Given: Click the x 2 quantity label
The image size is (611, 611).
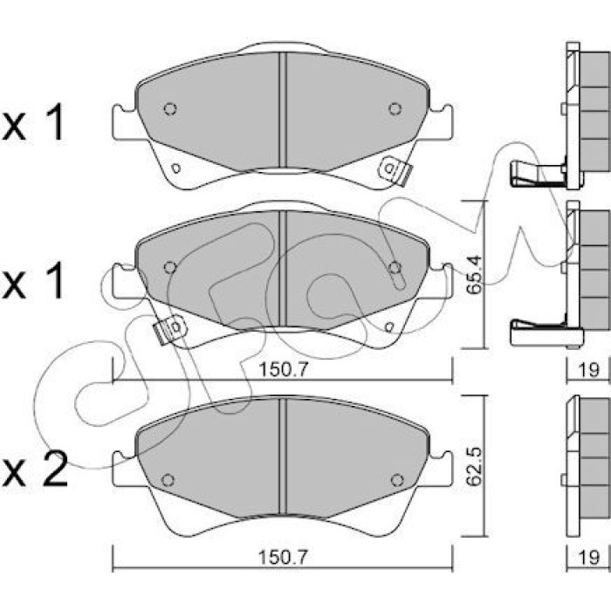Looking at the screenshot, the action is pos(34,469).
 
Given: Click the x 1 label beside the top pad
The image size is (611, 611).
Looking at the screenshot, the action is pos(33,122).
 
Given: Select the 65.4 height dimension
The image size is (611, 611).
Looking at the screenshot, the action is pos(474,274).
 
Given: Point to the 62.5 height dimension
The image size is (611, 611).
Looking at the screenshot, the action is pos(474,466).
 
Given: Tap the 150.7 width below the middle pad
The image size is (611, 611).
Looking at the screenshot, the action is pos(284,369).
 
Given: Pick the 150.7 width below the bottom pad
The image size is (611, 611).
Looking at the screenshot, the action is pos(284,557).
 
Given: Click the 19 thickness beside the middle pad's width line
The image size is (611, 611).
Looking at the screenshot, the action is pos(588,369).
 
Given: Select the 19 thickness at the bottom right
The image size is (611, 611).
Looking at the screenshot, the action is pos(588,557).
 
